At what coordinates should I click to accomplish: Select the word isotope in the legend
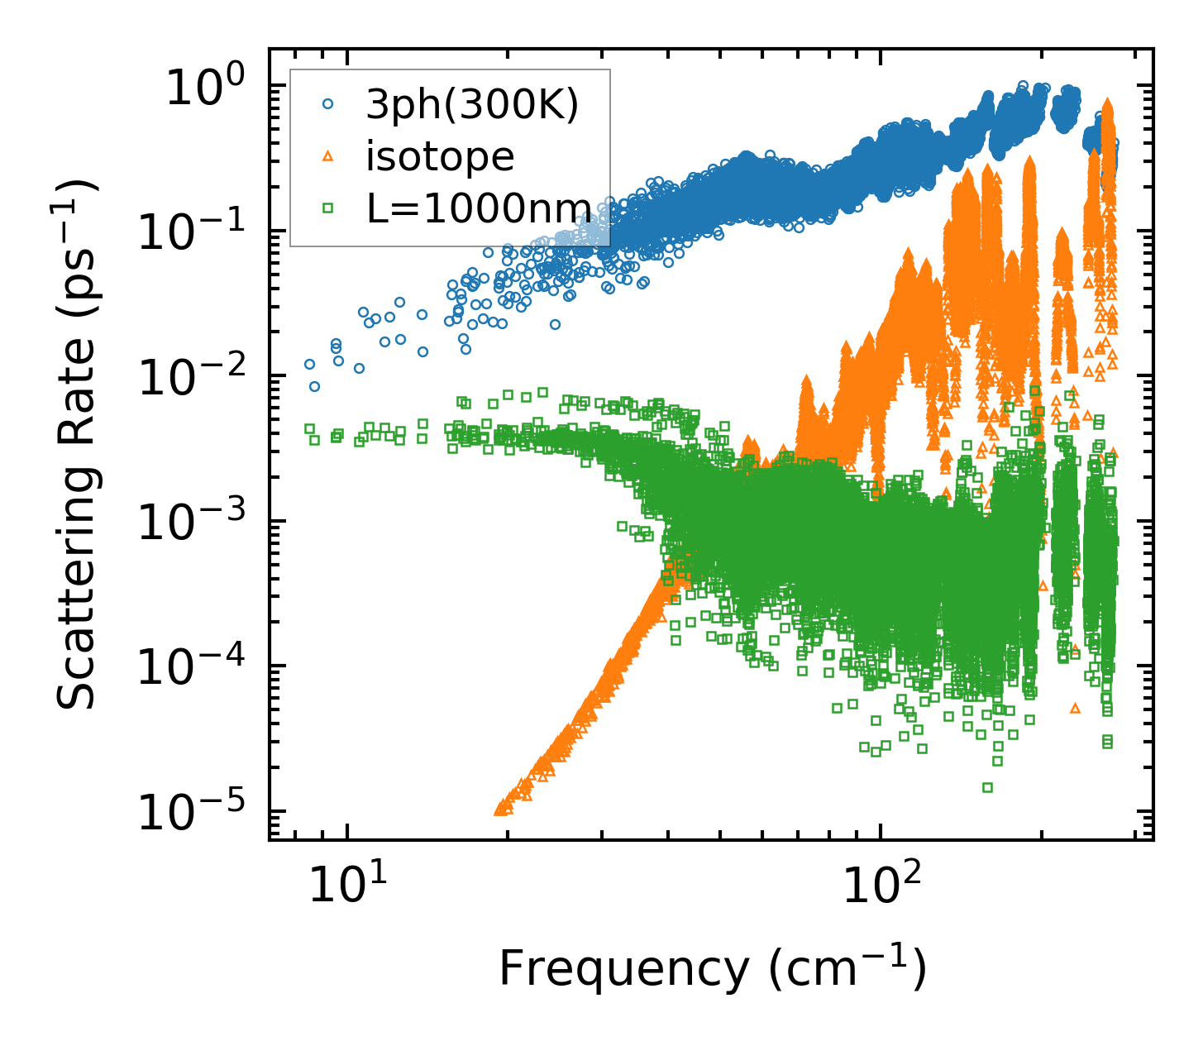click(x=440, y=156)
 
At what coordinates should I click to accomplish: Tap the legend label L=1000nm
click(x=479, y=208)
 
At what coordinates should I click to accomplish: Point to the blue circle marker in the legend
click(x=328, y=104)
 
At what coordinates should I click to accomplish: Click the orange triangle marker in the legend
click(x=328, y=155)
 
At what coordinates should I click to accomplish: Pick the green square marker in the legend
click(x=328, y=208)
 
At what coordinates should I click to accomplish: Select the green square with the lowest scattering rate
click(x=987, y=787)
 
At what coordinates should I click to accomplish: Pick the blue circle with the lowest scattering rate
click(x=314, y=386)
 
